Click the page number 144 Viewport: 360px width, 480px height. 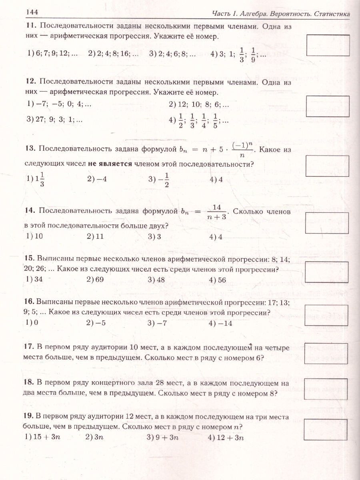tap(32, 12)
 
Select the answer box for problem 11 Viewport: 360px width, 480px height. tap(328, 45)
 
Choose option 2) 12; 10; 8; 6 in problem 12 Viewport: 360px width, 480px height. tap(199, 105)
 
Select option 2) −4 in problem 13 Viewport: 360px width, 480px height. tap(97, 179)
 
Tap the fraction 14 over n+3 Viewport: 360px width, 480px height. tap(217, 212)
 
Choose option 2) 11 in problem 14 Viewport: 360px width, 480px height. tap(95, 236)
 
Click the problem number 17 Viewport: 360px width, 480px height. tap(31, 346)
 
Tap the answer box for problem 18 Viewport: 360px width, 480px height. tap(328, 388)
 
